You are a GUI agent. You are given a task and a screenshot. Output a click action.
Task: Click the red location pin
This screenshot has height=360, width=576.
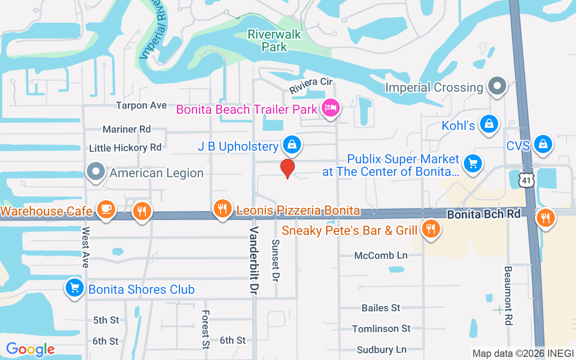pyautogui.click(x=288, y=168)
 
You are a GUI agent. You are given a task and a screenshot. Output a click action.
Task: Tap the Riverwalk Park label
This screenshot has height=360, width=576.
pyautogui.click(x=274, y=40)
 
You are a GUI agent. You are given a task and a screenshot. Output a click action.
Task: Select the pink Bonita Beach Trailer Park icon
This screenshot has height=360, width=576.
pyautogui.click(x=331, y=108)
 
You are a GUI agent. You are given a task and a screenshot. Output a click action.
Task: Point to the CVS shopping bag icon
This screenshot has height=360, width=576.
pyautogui.click(x=543, y=144)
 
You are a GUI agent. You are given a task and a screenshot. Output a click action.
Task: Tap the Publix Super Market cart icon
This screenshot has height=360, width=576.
pyautogui.click(x=472, y=163)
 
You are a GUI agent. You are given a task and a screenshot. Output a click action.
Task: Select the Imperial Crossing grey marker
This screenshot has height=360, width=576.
pyautogui.click(x=497, y=85)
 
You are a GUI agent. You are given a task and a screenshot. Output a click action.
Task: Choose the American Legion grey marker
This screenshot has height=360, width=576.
pyautogui.click(x=96, y=171)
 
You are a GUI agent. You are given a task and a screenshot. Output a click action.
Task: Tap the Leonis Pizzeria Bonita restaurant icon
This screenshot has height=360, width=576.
pyautogui.click(x=222, y=208)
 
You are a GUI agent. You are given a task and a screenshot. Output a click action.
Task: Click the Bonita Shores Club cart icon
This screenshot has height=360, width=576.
pyautogui.click(x=75, y=288)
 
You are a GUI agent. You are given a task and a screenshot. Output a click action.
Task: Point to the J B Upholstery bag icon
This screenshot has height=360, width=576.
pyautogui.click(x=292, y=144)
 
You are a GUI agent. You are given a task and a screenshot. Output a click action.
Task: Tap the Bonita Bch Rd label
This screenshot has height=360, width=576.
pyautogui.click(x=483, y=214)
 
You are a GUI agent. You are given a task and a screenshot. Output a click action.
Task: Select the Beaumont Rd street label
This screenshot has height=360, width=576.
pyautogui.click(x=508, y=296)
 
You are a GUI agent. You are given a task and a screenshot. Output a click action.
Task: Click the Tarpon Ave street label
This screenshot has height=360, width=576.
pyautogui.click(x=141, y=105)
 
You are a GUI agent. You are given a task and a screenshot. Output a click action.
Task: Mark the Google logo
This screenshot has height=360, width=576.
pyautogui.click(x=30, y=349)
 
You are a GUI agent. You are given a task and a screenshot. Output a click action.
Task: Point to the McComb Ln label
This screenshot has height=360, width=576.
pyautogui.click(x=381, y=256)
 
